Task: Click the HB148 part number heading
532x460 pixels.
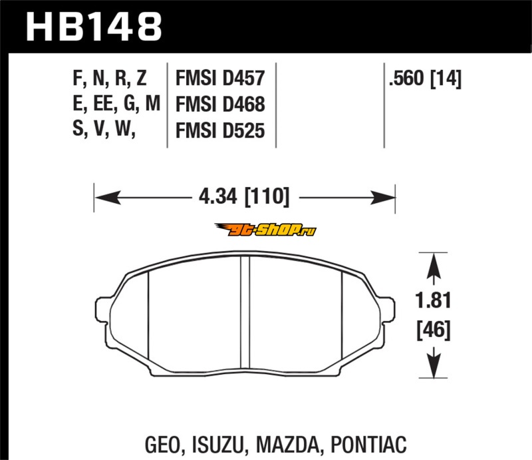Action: point(94,27)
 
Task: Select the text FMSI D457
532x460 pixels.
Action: point(220,78)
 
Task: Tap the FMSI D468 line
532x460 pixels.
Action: point(220,104)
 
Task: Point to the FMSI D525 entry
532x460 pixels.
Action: point(220,130)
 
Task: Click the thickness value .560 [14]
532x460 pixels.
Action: point(425,79)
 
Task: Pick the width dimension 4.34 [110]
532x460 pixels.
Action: point(244,196)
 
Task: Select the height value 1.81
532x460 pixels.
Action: point(434,300)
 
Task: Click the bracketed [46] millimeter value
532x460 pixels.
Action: point(434,330)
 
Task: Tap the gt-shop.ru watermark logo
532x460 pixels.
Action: point(265,230)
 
